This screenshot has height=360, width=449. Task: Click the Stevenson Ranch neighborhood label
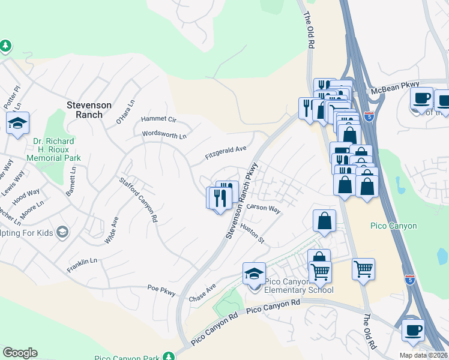click(89, 110)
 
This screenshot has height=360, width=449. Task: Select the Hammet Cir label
click(158, 119)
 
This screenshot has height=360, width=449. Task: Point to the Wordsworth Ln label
click(164, 134)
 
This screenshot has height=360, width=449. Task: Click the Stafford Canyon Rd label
click(138, 199)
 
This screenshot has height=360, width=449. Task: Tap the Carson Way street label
click(264, 209)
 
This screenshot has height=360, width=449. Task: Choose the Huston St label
click(252, 233)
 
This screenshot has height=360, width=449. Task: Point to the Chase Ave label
click(202, 294)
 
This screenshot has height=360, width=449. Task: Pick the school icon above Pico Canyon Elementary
click(255, 274)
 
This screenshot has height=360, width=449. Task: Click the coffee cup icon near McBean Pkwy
click(421, 98)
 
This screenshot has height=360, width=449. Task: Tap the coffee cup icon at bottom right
click(413, 330)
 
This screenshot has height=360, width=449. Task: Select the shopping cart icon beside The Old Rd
click(363, 269)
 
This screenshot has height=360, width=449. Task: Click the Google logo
click(20, 353)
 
